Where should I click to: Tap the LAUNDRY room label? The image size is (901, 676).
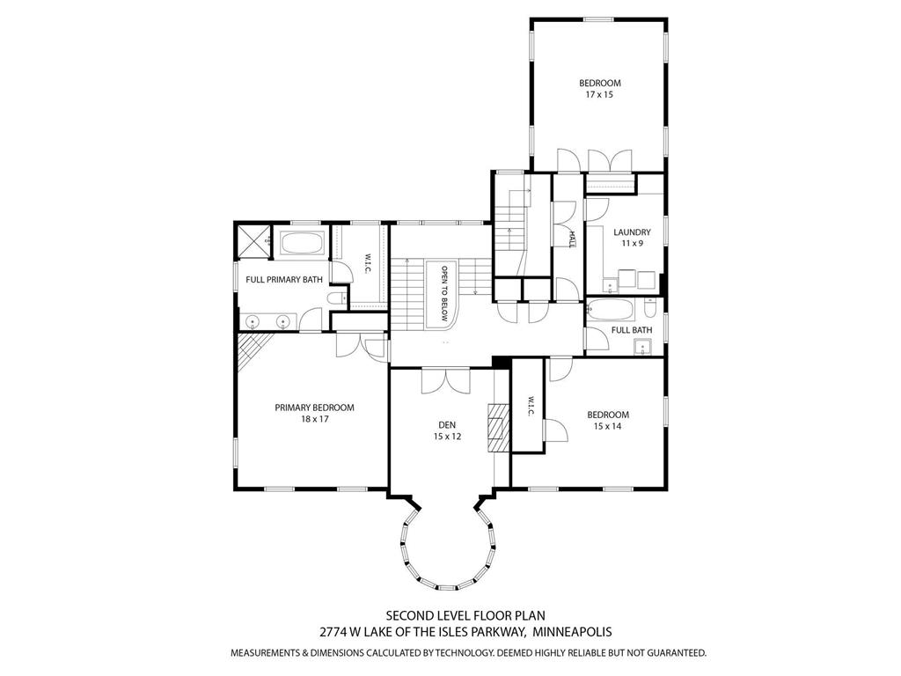pos(632,232)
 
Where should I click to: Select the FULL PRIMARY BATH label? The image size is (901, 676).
pos(283,280)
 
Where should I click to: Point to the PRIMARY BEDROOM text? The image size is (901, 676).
pos(314,408)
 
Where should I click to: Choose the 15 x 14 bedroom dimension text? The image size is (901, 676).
pos(608,426)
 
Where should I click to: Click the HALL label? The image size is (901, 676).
pos(571,239)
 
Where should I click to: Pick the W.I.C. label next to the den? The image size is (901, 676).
pos(531,405)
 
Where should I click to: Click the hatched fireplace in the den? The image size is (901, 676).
pos(499,427)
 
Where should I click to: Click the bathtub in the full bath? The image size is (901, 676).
pos(612,311)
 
